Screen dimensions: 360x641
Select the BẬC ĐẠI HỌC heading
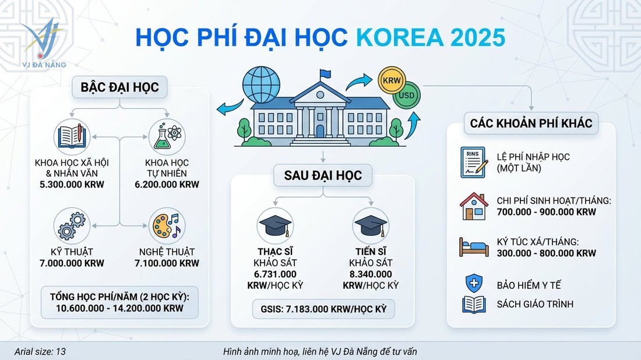[x=119, y=87]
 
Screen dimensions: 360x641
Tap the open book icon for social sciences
[x=72, y=135]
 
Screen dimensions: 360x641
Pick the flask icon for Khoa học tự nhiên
[x=166, y=135]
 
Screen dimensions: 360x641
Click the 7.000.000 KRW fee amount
[x=72, y=263]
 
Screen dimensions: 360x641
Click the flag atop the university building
[x=324, y=75]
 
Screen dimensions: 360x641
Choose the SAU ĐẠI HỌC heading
[x=323, y=175]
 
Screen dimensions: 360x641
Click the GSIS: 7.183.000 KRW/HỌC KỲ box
[x=323, y=308]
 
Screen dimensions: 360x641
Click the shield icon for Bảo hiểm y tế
[x=474, y=284]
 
